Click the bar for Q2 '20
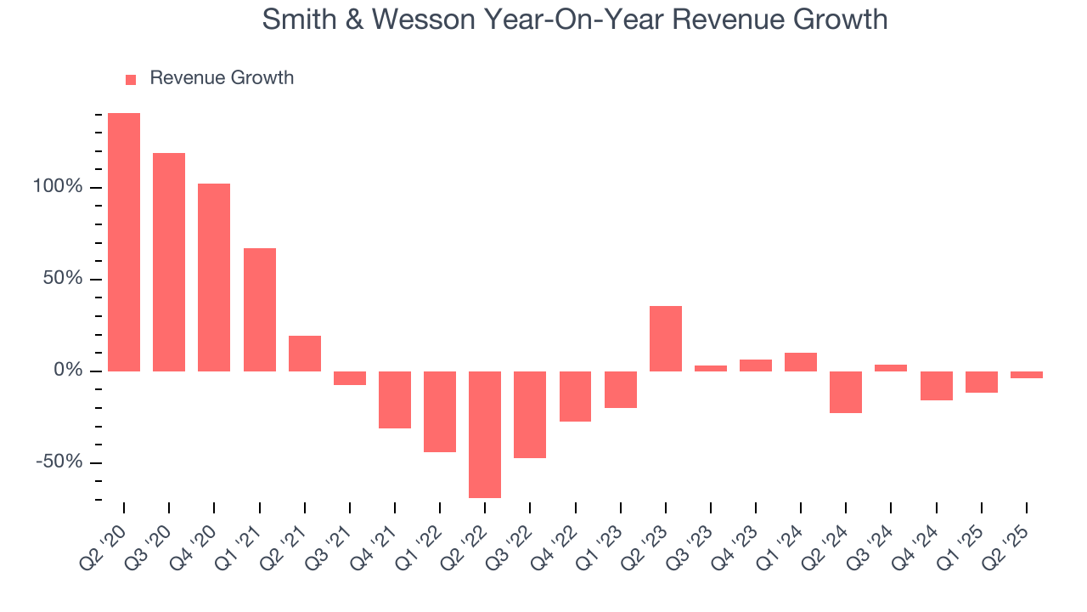pyautogui.click(x=124, y=242)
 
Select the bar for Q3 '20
pyautogui.click(x=169, y=262)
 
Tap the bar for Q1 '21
pyautogui.click(x=259, y=309)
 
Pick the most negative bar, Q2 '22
pyautogui.click(x=485, y=434)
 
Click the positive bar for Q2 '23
pyautogui.click(x=666, y=338)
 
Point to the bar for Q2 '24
pyautogui.click(x=846, y=392)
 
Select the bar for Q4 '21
pyautogui.click(x=395, y=399)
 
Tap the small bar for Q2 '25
pyautogui.click(x=1027, y=375)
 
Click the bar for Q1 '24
pyautogui.click(x=801, y=362)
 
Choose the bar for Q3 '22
pyautogui.click(x=530, y=415)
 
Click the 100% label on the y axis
pyautogui.click(x=58, y=187)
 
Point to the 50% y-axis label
pyautogui.click(x=63, y=279)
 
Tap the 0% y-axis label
pyautogui.click(x=68, y=371)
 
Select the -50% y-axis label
pyautogui.click(x=59, y=462)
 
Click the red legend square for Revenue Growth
pyautogui.click(x=131, y=80)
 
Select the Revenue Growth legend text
pyautogui.click(x=222, y=78)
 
